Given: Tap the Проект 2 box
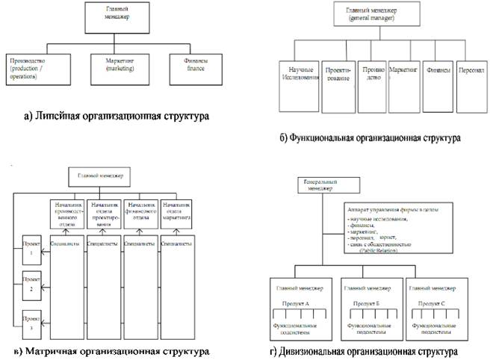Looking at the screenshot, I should (29, 286).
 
